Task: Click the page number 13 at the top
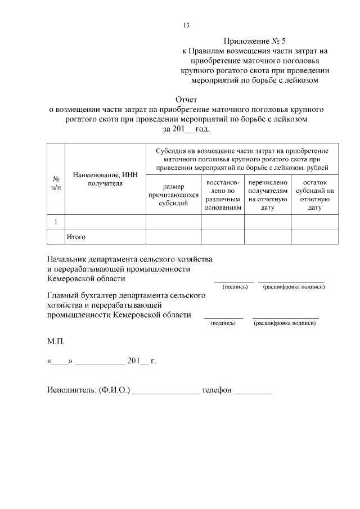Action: point(186,25)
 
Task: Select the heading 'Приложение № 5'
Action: point(255,41)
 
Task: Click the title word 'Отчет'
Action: point(186,100)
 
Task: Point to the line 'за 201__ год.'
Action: point(186,129)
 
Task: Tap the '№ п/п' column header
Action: point(56,183)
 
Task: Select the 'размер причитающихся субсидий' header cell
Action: point(173,195)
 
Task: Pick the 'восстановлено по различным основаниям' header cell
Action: point(223,195)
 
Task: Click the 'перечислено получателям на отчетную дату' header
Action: point(268,195)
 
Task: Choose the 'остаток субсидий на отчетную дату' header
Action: point(314,195)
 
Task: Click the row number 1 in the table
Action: point(56,222)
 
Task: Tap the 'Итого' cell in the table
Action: point(76,237)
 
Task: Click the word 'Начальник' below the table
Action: point(71,259)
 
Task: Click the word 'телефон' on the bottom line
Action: point(217,390)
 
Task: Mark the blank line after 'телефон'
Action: point(253,392)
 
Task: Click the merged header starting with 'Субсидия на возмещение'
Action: point(242,159)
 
